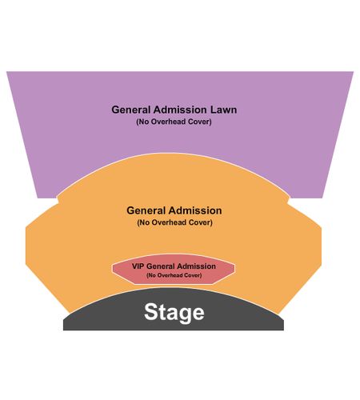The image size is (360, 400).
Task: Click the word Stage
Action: point(174,313)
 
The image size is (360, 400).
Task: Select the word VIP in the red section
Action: point(138,266)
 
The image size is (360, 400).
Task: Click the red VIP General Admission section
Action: point(174,269)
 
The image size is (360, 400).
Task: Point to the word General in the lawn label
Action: point(131,110)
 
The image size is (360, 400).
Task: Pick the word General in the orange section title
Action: point(146,210)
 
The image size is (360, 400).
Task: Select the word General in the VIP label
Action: point(161,266)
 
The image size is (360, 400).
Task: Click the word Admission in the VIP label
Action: point(196,266)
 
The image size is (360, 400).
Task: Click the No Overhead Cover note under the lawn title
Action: point(174,122)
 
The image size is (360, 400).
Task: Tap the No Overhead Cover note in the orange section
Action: point(174,222)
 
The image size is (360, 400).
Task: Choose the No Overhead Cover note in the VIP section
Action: point(174,275)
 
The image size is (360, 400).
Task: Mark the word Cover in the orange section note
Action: point(201,222)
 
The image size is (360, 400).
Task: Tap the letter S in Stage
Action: point(150,312)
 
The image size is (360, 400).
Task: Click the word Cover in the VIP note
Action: point(194,275)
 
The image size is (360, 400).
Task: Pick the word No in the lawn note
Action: point(143,122)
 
